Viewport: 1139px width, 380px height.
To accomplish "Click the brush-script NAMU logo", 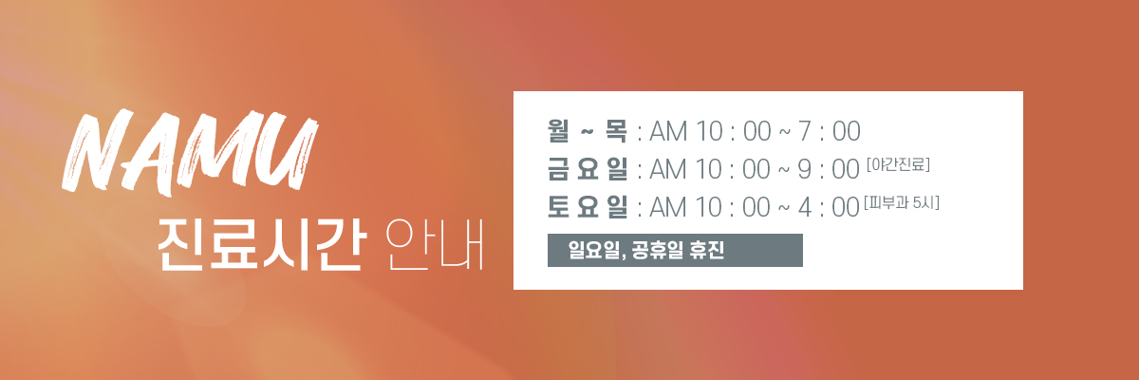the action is (190, 153).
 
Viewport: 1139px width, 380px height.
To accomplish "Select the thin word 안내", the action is (435, 245).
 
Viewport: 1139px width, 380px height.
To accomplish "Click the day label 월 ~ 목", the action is (588, 131).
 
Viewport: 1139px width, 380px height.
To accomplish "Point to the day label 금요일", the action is (588, 169).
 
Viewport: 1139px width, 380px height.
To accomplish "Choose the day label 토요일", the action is (588, 206).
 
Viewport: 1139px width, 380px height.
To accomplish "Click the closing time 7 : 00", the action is (829, 131).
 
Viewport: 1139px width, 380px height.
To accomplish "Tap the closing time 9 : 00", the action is (829, 169).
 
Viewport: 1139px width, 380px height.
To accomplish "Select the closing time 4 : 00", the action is (829, 207).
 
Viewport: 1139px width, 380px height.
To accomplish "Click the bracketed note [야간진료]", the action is (898, 164).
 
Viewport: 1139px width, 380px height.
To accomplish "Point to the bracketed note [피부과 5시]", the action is (901, 202).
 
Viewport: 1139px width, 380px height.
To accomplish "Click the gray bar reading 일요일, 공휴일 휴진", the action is (675, 250).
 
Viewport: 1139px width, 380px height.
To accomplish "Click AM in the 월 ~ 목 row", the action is (668, 131).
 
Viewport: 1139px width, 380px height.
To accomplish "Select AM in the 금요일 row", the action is (668, 169).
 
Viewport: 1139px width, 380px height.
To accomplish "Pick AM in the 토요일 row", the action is (668, 207).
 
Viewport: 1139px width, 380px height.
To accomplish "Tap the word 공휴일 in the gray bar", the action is (657, 250).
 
